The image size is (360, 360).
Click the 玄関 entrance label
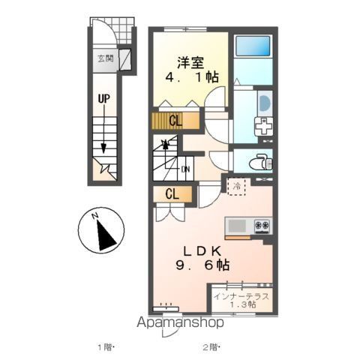click(106, 58)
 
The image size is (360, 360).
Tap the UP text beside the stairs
click(104, 99)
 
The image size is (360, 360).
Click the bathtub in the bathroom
click(253, 46)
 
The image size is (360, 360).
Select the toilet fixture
click(261, 162)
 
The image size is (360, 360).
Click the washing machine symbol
click(263, 126)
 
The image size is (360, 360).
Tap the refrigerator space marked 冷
click(237, 186)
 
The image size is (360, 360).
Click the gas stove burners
click(262, 226)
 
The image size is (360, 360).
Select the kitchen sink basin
click(237, 226)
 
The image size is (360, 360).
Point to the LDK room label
click(202, 251)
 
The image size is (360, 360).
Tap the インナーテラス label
click(241, 296)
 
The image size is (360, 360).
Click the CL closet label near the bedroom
click(175, 121)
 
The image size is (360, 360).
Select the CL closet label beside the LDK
click(172, 193)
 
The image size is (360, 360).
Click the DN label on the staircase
click(185, 169)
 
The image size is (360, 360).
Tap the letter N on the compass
click(94, 216)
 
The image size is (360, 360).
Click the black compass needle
click(106, 235)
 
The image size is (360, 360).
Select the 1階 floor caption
click(106, 347)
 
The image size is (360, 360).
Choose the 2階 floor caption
click(211, 347)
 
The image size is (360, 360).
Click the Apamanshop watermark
click(180, 322)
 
